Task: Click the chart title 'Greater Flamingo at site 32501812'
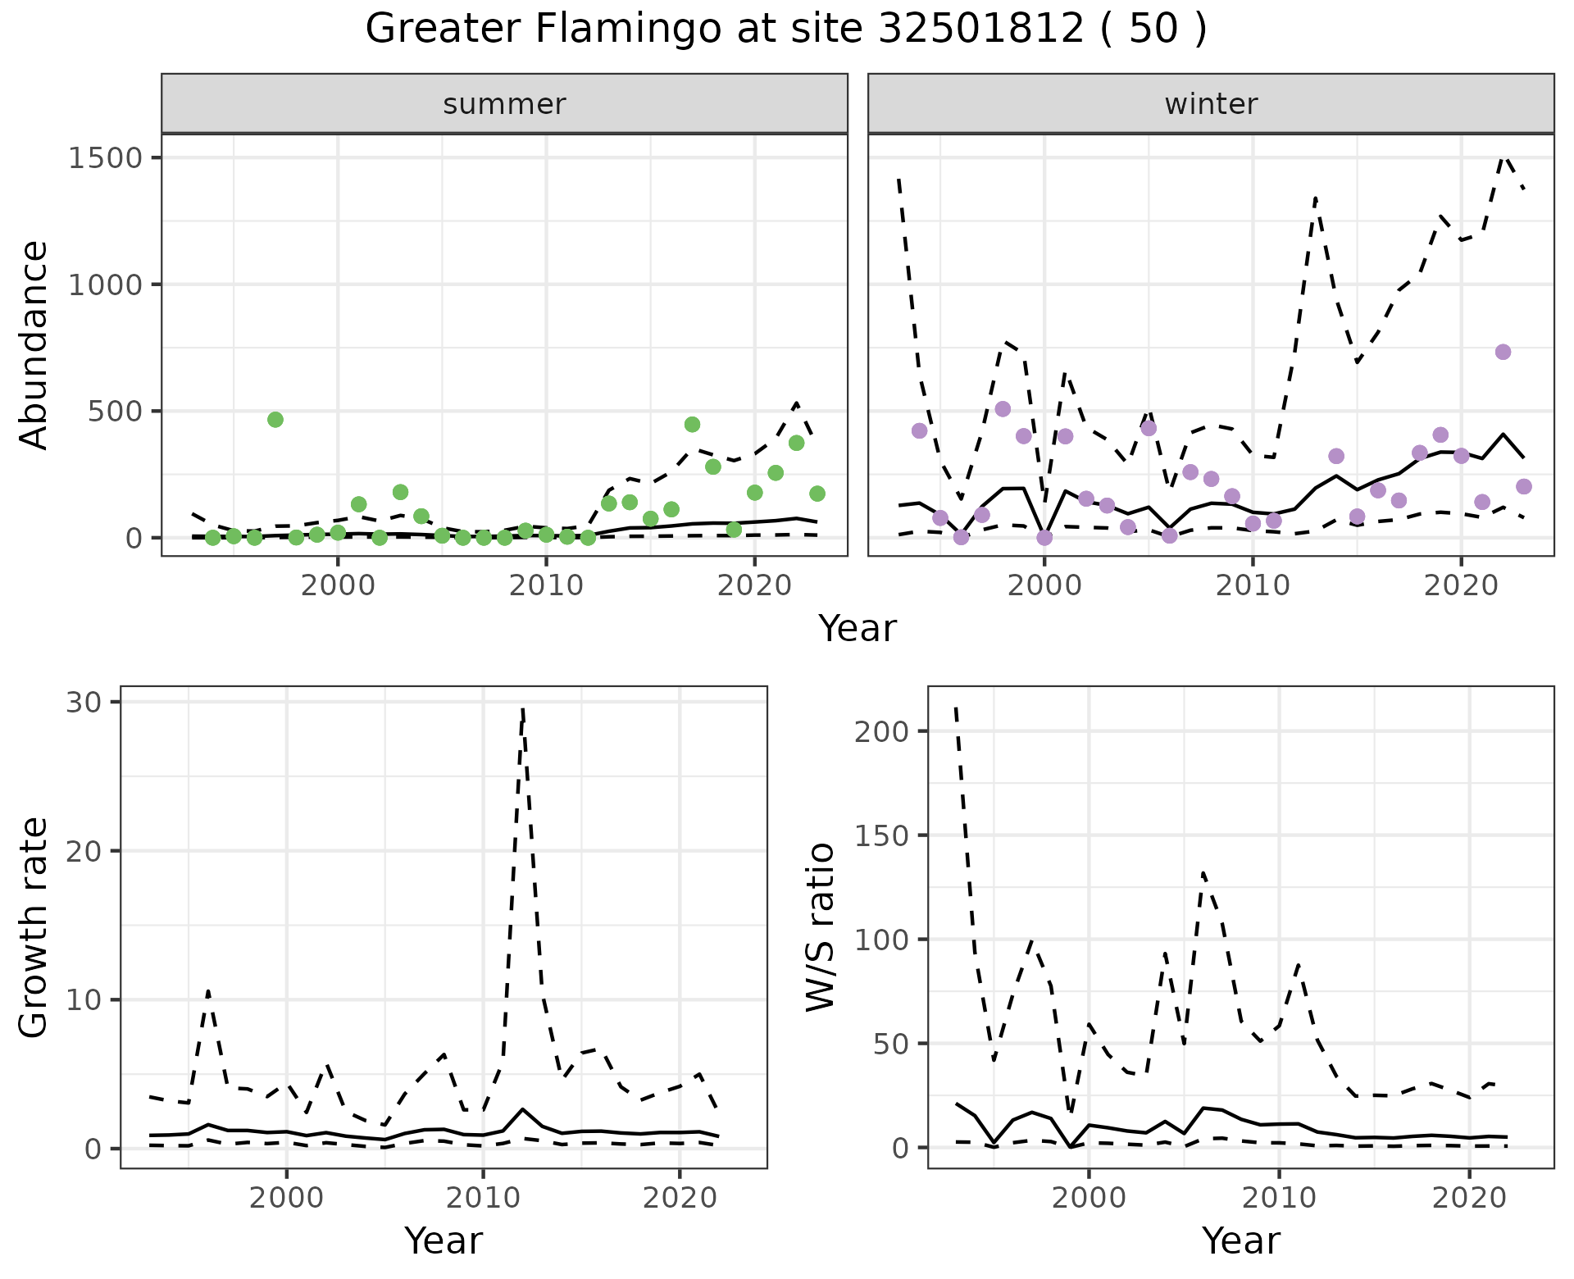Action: (785, 30)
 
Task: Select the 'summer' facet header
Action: (504, 104)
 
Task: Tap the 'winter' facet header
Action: (1211, 104)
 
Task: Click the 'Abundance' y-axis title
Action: (34, 345)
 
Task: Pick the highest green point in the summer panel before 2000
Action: (275, 420)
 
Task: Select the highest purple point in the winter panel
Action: (1503, 352)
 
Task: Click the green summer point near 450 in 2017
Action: (692, 425)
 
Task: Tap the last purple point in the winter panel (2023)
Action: (1524, 487)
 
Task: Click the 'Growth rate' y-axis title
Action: (34, 927)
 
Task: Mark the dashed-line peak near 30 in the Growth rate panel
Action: (522, 710)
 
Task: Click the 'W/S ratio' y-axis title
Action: (821, 927)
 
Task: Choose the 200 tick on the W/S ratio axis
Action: (882, 731)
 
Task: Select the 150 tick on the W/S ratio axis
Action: (882, 835)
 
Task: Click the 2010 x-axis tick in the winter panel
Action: (1252, 587)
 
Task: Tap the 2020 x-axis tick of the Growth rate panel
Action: (680, 1199)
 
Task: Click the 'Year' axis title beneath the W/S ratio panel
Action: (1240, 1241)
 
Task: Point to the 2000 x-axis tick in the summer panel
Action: (337, 587)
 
